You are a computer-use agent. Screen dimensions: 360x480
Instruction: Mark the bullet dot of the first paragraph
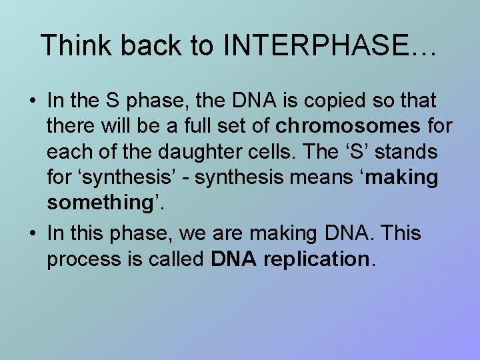[x=31, y=101]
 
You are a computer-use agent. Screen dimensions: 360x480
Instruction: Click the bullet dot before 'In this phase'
[x=31, y=234]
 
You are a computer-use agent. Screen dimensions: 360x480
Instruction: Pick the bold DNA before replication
[x=233, y=259]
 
